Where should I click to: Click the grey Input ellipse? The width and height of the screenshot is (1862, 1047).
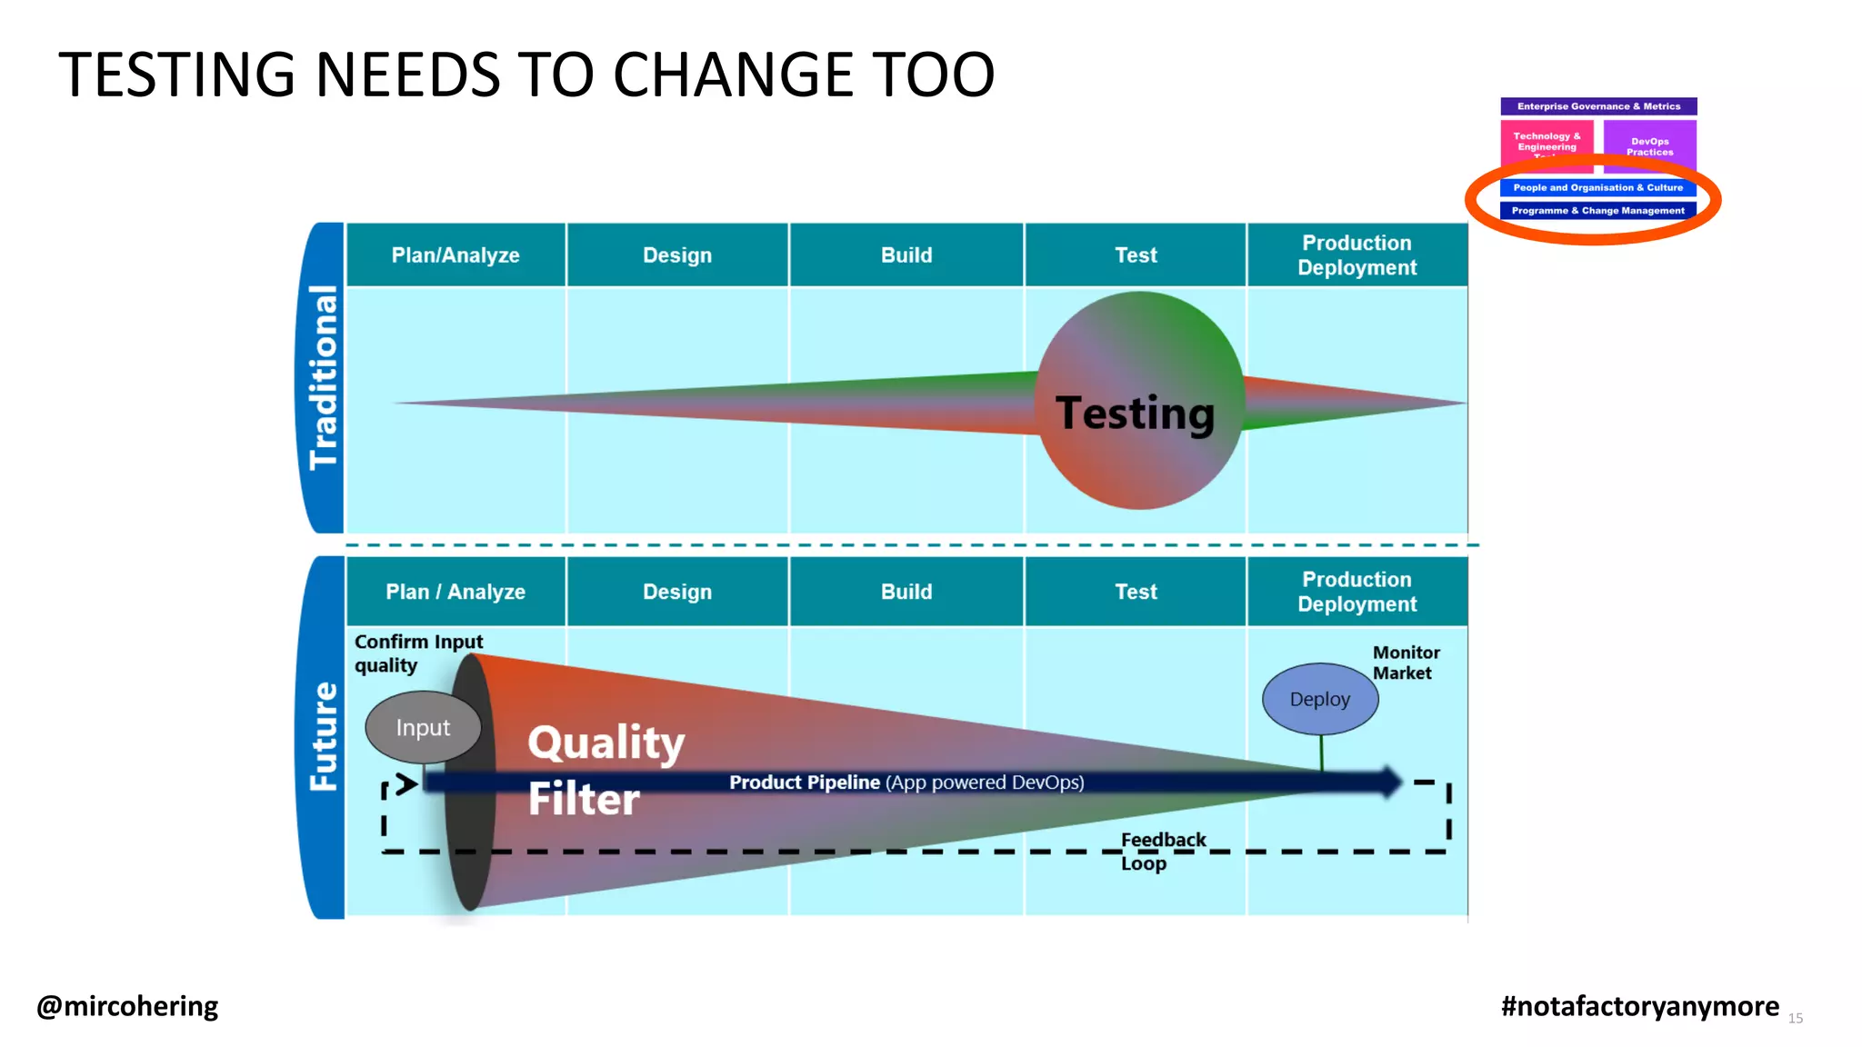click(x=423, y=727)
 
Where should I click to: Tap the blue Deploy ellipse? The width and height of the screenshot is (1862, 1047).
click(x=1320, y=699)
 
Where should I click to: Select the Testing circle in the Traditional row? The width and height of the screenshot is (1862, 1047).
click(x=1139, y=401)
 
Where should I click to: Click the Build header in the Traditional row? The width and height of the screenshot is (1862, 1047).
click(x=906, y=255)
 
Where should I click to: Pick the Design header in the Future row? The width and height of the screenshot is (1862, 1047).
click(x=677, y=592)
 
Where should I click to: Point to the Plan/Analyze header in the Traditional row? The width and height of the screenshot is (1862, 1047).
click(x=455, y=255)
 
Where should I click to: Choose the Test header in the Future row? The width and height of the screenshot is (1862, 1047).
click(x=1136, y=592)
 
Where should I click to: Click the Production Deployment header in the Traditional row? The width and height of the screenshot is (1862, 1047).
click(x=1356, y=255)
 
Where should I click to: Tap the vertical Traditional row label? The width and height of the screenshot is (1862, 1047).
click(x=323, y=377)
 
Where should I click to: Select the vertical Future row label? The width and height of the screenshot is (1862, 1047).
click(x=323, y=736)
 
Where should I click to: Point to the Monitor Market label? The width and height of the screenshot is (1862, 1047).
click(x=1406, y=663)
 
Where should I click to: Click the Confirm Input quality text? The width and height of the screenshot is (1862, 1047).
click(x=417, y=653)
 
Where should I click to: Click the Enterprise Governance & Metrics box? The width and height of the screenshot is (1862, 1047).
click(x=1598, y=106)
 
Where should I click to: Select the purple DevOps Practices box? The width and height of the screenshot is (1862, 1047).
click(x=1649, y=145)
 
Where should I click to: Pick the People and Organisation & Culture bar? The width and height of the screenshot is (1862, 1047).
click(x=1597, y=188)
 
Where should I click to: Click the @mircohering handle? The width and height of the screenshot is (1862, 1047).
click(x=127, y=1006)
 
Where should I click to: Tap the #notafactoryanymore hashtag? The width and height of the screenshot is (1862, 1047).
click(x=1639, y=1006)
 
